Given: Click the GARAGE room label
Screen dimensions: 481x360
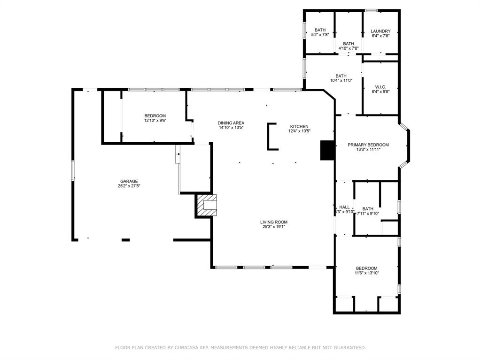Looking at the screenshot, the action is [129, 181].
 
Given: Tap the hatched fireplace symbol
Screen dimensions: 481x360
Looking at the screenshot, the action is [207, 206].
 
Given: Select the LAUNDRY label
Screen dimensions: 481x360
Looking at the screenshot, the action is [380, 31].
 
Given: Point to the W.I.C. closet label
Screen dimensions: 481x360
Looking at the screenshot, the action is [380, 87].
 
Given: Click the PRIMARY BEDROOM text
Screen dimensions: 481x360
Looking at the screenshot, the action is [368, 145].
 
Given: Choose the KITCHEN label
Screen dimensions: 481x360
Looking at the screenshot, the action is [299, 126].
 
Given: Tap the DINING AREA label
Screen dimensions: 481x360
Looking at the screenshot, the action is [231, 123].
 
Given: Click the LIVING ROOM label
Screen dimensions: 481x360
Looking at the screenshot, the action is [274, 222].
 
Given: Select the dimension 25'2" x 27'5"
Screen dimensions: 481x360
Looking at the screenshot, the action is [129, 186].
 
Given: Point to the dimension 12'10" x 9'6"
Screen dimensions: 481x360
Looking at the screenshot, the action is [155, 121].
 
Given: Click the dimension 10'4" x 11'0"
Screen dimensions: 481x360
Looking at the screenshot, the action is [341, 81].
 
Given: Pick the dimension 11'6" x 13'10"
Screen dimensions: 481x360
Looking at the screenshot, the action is [367, 273].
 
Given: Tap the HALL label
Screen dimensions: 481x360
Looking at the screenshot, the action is [344, 207].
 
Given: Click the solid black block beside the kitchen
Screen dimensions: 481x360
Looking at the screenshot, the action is [327, 150].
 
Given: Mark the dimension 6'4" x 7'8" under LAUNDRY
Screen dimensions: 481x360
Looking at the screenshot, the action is [380, 36].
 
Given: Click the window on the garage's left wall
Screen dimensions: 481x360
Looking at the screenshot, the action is [73, 170].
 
